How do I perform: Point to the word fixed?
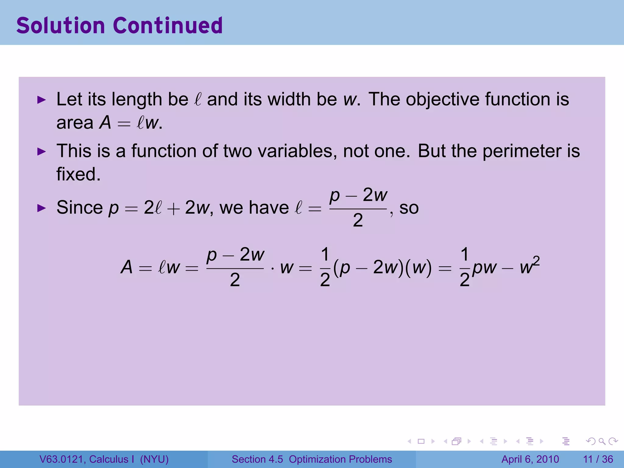tap(78, 174)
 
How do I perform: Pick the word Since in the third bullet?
tap(80, 208)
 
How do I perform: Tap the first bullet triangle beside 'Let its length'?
tap(41, 100)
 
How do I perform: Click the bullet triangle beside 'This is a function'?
tap(41, 151)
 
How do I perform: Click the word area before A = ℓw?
tap(75, 123)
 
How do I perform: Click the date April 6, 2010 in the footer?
tap(530, 459)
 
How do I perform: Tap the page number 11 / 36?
tap(598, 459)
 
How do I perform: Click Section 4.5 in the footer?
tap(257, 459)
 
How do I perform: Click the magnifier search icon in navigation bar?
tap(602, 441)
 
